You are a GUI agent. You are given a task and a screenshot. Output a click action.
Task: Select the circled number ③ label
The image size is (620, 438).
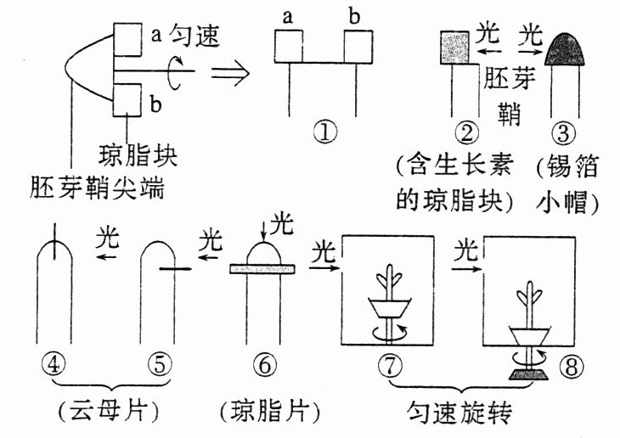tap(562, 132)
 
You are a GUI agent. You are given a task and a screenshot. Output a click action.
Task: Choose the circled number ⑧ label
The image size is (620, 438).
tap(570, 366)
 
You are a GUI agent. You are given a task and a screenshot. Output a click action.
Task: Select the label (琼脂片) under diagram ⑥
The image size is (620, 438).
tap(269, 413)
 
